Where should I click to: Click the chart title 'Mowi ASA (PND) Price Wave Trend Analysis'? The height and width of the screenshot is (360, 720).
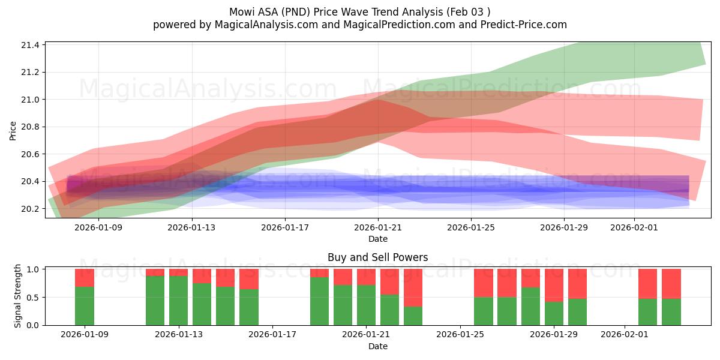pos(359,12)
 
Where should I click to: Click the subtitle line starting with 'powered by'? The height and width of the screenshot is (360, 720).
pos(359,25)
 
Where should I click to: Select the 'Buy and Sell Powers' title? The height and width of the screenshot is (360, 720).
pos(377,257)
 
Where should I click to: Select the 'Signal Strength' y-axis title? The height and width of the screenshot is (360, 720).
pos(18,295)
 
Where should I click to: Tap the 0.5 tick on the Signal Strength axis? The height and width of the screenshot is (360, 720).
pos(33,298)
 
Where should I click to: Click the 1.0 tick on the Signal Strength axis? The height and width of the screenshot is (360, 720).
pos(33,269)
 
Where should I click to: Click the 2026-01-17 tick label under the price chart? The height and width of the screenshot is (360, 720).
pos(285,227)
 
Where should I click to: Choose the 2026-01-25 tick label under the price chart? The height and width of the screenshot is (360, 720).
pos(471,227)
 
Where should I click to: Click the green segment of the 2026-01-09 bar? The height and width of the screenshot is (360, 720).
pos(85,306)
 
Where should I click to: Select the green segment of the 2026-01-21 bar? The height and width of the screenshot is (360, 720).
pos(366,305)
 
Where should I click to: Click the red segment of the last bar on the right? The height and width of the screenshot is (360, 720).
pos(671,283)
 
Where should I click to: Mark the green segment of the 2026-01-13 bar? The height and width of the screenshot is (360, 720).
pos(178,300)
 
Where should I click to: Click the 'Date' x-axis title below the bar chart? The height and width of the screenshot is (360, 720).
pos(377,346)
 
